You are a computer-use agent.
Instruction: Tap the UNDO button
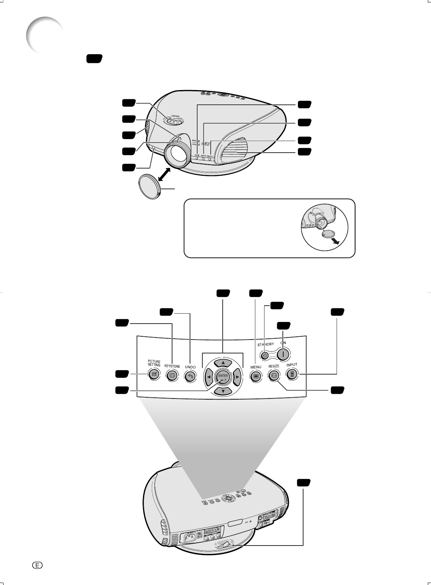click(x=190, y=375)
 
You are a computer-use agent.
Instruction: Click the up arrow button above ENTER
click(x=223, y=363)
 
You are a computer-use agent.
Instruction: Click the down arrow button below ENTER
click(x=223, y=391)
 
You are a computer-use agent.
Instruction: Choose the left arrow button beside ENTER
click(x=209, y=377)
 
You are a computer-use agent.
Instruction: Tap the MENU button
click(x=256, y=375)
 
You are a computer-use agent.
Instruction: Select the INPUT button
click(x=292, y=374)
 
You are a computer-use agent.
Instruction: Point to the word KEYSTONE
click(x=172, y=366)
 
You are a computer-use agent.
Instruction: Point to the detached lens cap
click(x=148, y=186)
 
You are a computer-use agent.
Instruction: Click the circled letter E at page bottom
click(x=37, y=565)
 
